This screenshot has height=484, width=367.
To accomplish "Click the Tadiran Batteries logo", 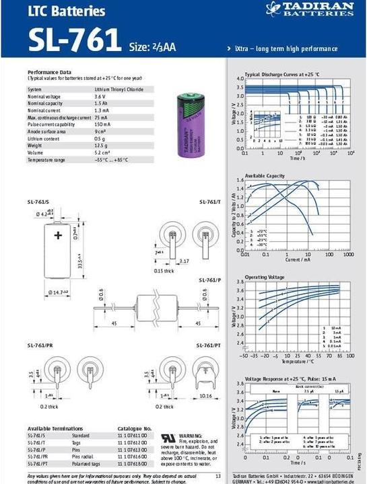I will click(310, 9).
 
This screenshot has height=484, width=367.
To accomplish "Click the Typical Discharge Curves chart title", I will click(282, 74).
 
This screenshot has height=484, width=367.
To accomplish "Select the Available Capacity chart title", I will click(264, 175).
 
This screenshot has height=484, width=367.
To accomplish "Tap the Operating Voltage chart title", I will click(265, 277).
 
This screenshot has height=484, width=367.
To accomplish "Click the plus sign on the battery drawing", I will click(58, 235).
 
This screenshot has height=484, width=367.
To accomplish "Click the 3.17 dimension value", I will click(184, 261).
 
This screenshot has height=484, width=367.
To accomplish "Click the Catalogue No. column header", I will click(135, 428).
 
